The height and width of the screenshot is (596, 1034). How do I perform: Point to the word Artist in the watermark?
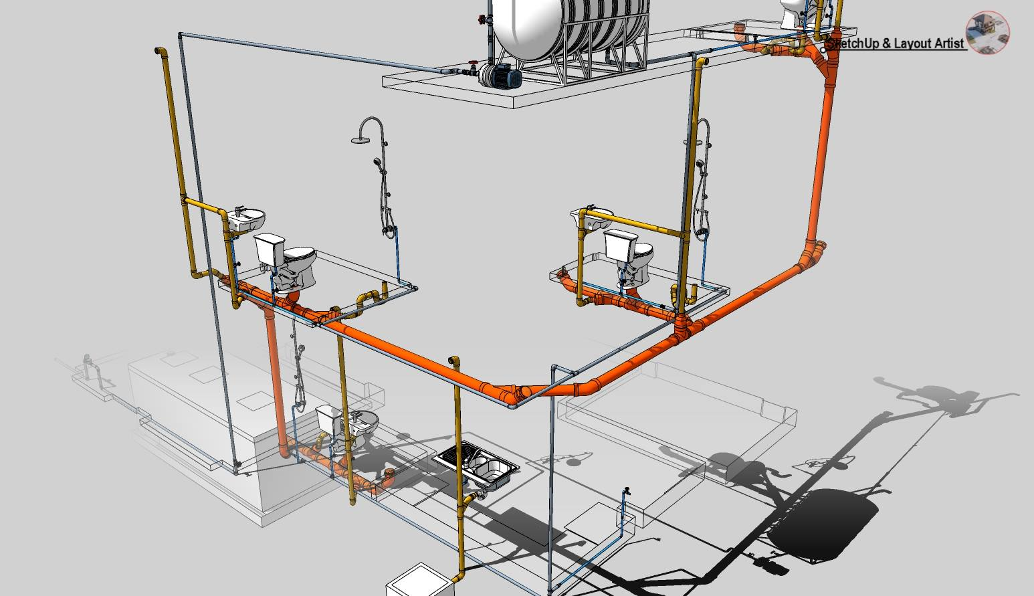pos(947,43)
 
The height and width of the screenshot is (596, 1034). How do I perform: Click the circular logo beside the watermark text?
pos(988,32)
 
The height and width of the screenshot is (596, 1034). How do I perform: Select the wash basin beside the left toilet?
pos(246,218)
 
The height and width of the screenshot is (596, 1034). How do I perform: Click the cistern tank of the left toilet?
pos(269,247)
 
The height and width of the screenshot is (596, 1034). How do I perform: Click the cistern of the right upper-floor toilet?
pos(619,243)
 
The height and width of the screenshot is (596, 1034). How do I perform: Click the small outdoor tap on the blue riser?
pos(626,492)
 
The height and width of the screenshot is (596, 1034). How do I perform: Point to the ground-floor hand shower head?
pos(302,349)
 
